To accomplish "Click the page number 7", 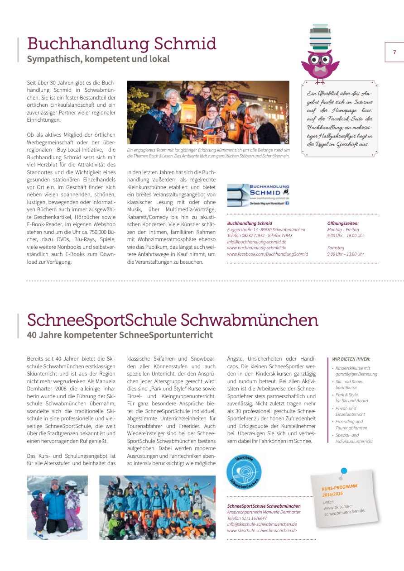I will (394, 52).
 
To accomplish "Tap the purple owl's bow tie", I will (320, 70).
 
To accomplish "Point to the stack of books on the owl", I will (320, 38).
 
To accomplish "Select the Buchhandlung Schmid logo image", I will (258, 195).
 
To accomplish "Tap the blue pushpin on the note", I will (343, 471).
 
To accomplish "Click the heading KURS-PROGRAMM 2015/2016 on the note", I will (339, 490).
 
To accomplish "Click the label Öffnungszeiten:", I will (343, 223).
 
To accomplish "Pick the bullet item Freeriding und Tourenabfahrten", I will (351, 424).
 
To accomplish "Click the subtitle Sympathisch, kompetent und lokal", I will (98, 59).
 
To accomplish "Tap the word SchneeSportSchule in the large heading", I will (102, 320).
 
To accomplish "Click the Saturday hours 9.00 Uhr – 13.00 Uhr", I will (346, 254).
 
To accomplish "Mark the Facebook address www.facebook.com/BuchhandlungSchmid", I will (267, 254).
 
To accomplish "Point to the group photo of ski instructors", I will (157, 507).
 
